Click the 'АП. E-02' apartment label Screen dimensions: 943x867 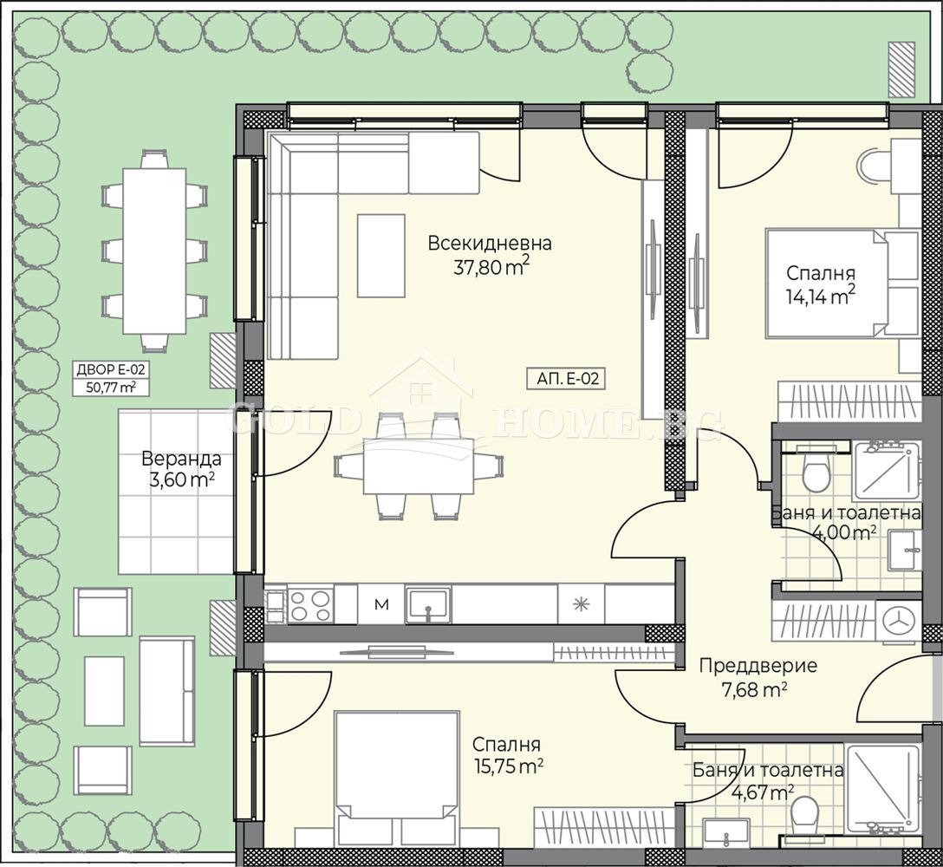568,379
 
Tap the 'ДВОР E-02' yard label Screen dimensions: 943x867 111,369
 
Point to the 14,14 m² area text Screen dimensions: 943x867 820,296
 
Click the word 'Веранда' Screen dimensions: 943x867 182,459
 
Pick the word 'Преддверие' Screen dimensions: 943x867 758,666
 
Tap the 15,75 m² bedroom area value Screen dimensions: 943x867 508,766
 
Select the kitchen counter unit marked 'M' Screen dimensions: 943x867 381,604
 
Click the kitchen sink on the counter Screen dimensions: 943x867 428,604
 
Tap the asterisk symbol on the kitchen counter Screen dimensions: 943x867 581,604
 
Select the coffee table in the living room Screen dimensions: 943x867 381,256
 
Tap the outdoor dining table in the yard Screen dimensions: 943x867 155,251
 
